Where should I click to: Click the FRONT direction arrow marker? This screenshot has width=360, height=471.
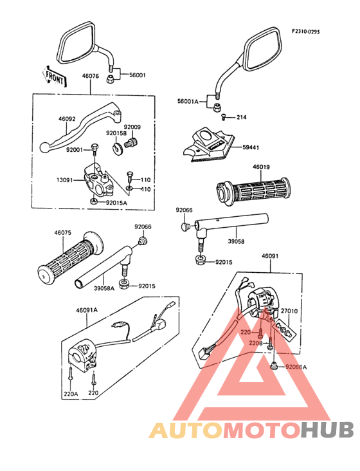pos(55,77)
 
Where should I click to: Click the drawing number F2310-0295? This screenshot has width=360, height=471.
pos(306,32)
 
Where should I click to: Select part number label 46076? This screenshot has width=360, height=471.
pos(90,76)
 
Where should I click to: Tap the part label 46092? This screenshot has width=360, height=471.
pos(67,119)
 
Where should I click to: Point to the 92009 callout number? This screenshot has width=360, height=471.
pos(132,127)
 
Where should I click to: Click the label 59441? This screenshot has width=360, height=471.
pos(251,147)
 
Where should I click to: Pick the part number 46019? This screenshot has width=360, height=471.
pos(261,167)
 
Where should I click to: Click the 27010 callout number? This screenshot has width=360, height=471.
pos(289,311)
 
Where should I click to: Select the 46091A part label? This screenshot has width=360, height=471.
pos(87,310)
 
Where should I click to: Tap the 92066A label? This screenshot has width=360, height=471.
pos(296,367)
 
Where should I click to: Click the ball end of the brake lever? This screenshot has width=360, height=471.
pos(44,147)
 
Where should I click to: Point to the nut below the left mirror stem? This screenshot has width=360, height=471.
pos(110,80)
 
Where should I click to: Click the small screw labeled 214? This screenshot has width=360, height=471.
pos(224,117)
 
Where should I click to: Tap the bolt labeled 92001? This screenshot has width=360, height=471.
pos(94,149)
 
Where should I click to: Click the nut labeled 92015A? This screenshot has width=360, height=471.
pos(93,201)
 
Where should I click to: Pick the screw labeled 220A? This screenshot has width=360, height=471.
pos(71,376)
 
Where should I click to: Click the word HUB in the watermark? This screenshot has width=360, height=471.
pos(328,430)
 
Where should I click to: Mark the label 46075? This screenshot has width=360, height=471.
pos(63,233)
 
